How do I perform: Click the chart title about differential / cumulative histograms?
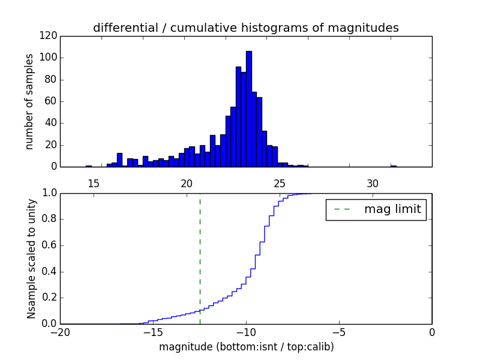click(x=245, y=28)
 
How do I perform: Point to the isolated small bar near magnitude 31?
click(x=394, y=166)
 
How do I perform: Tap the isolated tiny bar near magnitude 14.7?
click(x=89, y=166)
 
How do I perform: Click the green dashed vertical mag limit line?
click(x=200, y=258)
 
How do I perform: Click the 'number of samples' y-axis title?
click(x=29, y=101)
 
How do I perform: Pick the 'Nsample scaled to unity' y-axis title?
click(x=31, y=258)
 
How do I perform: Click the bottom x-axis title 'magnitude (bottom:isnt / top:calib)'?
click(x=246, y=347)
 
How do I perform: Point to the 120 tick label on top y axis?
click(x=50, y=36)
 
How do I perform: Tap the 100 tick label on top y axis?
click(x=50, y=58)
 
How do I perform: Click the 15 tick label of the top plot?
click(x=93, y=184)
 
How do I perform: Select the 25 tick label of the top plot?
click(x=280, y=184)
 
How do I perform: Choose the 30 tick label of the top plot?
click(x=373, y=184)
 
